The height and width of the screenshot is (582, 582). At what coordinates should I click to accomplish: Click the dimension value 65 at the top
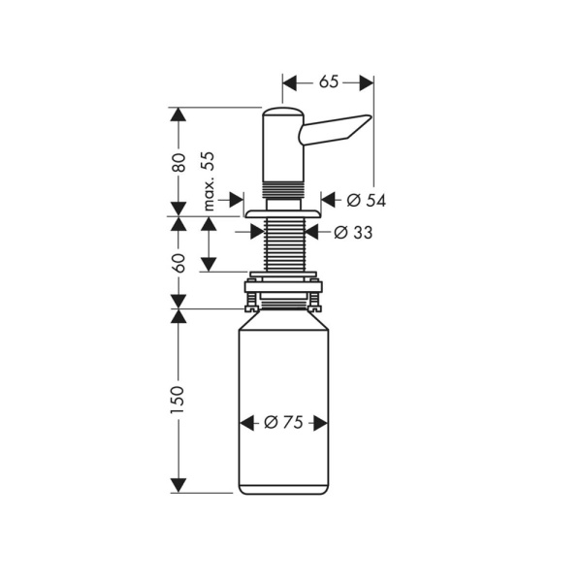click(329, 82)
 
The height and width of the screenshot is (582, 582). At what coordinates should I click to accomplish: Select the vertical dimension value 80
click(178, 162)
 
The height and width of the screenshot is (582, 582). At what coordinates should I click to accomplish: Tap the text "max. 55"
click(209, 181)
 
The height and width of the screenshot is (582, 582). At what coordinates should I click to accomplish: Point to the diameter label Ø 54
click(367, 201)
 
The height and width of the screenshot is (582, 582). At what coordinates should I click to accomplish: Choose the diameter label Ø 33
click(353, 233)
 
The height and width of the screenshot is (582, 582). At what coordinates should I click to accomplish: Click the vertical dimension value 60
click(178, 263)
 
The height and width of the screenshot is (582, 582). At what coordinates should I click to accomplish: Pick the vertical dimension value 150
click(178, 400)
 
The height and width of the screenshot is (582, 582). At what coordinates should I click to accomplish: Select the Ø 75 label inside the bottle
click(283, 422)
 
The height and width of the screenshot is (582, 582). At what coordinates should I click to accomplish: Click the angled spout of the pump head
click(336, 130)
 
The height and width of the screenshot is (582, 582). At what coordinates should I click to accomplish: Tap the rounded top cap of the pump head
click(283, 113)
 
